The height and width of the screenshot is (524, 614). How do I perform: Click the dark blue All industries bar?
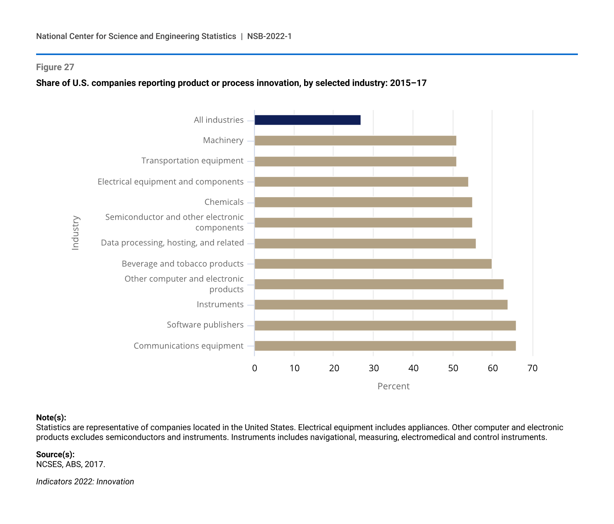point(307,120)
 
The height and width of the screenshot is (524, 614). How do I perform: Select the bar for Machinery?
point(355,141)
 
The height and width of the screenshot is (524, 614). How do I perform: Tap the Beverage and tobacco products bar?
point(373,264)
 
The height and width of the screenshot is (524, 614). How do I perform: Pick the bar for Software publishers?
point(385,325)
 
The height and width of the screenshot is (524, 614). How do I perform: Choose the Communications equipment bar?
point(385,346)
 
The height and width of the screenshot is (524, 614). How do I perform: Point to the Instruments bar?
point(381,305)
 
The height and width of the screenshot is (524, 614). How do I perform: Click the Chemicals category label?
point(224,202)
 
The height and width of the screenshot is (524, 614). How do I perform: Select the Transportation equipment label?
point(192,161)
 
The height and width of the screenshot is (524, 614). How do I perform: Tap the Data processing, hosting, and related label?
point(172,243)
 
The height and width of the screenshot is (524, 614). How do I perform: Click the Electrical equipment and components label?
point(170,181)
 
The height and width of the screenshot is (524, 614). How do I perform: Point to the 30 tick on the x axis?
point(374,368)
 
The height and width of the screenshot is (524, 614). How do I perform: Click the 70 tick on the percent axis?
point(532,368)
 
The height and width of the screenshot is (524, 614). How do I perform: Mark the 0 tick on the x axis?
point(255,368)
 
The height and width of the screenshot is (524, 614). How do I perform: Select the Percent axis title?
point(393,386)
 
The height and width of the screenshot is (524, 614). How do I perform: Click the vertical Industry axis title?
point(75,233)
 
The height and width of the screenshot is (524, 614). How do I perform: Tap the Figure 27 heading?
point(55,67)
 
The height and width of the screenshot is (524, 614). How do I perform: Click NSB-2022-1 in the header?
point(269,36)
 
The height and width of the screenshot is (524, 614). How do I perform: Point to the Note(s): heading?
point(51,417)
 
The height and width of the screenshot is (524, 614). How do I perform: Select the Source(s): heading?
point(55,454)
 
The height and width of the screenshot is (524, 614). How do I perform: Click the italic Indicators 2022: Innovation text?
point(85,481)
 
